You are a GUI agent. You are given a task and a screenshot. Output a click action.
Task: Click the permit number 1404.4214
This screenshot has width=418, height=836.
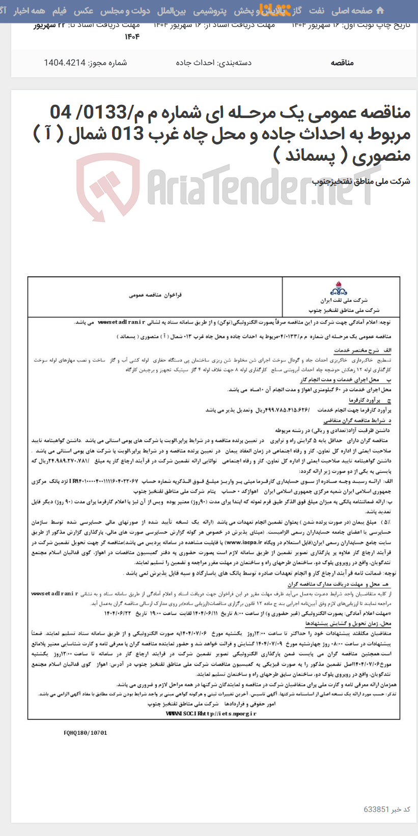[x=65, y=63]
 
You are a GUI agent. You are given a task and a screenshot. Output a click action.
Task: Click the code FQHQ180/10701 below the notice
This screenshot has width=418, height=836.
[x=86, y=733]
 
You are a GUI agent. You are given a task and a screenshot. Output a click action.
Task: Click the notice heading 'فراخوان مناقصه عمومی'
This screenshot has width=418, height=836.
[x=155, y=295]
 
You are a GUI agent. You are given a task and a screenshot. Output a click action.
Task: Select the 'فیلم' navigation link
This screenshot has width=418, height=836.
[x=59, y=11]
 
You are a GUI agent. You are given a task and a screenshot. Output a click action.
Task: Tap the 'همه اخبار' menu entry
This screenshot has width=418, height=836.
[x=30, y=11]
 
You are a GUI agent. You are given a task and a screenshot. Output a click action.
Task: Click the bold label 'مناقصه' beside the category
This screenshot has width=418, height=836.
[x=342, y=63]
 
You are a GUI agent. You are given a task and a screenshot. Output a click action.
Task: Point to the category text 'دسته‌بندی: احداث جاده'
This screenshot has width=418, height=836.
[x=213, y=63]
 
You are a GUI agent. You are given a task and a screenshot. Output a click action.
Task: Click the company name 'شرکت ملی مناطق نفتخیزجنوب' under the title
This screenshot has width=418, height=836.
[x=361, y=181]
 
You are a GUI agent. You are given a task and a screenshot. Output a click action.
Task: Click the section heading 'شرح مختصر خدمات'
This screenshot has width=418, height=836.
[x=359, y=351]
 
